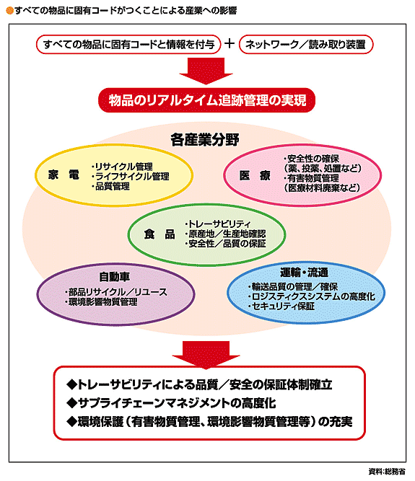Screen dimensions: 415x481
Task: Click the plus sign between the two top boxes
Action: pyautogui.click(x=230, y=43)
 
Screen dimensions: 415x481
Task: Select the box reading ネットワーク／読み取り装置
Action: pyautogui.click(x=306, y=45)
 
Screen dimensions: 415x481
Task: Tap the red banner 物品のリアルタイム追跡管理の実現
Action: pyautogui.click(x=206, y=100)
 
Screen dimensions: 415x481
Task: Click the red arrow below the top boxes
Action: pyautogui.click(x=206, y=71)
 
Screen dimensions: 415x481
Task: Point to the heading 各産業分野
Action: pyautogui.click(x=205, y=140)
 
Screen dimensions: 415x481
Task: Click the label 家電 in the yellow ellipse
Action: pyautogui.click(x=64, y=175)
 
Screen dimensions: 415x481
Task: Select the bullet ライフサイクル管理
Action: pyautogui.click(x=131, y=177)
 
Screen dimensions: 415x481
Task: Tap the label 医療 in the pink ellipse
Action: pyautogui.click(x=255, y=176)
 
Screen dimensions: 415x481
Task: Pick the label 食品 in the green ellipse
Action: pyautogui.click(x=160, y=234)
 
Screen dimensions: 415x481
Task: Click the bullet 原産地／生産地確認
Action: pyautogui.click(x=226, y=234)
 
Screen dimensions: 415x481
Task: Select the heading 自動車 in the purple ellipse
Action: pyautogui.click(x=115, y=277)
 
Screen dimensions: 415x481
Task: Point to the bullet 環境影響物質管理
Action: pyautogui.click(x=101, y=302)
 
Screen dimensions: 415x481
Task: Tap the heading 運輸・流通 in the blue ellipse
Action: pyautogui.click(x=304, y=272)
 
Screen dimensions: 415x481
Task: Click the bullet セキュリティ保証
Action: pyautogui.click(x=281, y=306)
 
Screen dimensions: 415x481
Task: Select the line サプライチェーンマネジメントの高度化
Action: pyautogui.click(x=171, y=403)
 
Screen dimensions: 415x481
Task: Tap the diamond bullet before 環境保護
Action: pyautogui.click(x=72, y=422)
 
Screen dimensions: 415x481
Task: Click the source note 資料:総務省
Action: pyautogui.click(x=387, y=472)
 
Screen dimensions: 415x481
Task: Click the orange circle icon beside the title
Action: pyautogui.click(x=10, y=11)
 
